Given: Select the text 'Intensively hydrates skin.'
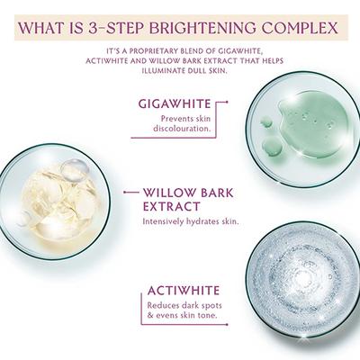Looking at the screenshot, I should click(x=190, y=220).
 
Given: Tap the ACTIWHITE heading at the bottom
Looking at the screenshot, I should click(x=185, y=292).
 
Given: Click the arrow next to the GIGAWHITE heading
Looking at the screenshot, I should click(x=220, y=103).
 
